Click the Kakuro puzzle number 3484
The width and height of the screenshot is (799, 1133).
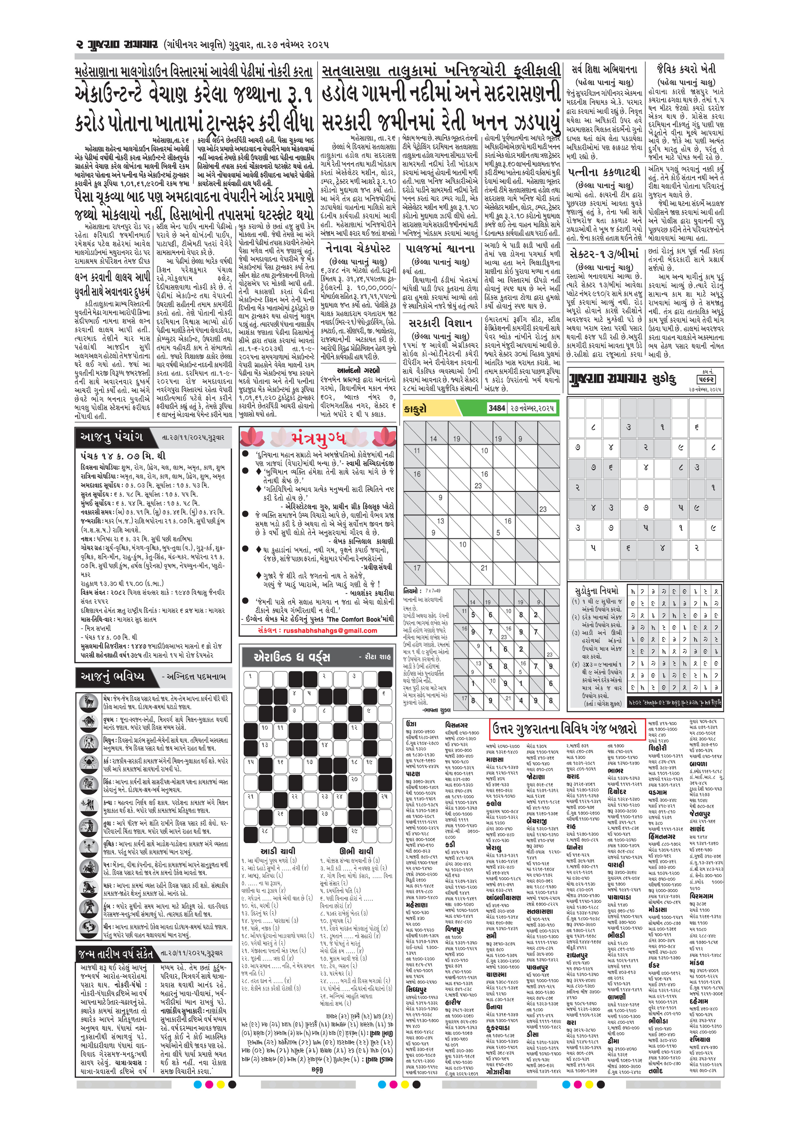pyautogui.click(x=496, y=408)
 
